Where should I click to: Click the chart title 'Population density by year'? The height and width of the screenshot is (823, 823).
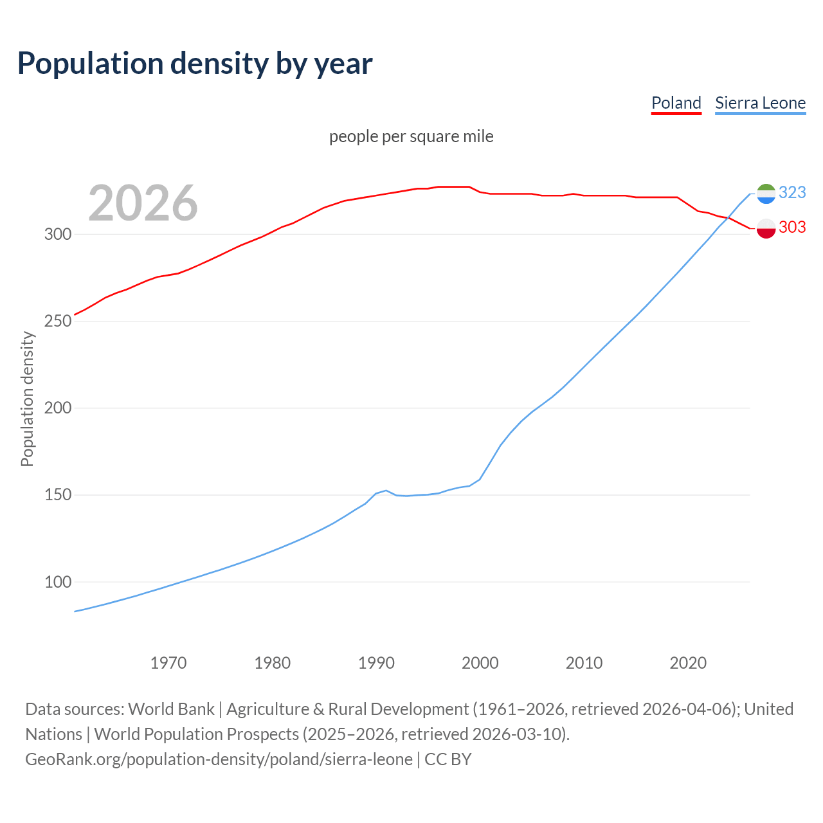coord(195,64)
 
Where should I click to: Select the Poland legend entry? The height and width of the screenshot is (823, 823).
coord(676,103)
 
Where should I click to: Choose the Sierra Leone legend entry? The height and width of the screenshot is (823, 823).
coord(760,103)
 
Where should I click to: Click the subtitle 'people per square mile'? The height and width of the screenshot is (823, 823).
coord(411,136)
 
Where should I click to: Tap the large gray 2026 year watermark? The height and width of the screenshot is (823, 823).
coord(143,203)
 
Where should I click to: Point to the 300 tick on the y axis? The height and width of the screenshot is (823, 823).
coord(58,234)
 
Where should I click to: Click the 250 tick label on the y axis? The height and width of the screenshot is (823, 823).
coord(58,321)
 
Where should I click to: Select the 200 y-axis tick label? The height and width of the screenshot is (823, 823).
coord(58,408)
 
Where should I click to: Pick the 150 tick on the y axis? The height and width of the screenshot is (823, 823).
coord(58,495)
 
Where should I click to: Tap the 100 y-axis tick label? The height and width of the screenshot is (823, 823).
coord(58,582)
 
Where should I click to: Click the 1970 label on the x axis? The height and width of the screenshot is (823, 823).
coord(168,663)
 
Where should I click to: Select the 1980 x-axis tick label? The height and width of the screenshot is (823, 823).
coord(273,663)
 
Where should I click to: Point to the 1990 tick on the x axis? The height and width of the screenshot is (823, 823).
coord(376,663)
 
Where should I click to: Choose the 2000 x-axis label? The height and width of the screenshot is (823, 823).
coord(480,663)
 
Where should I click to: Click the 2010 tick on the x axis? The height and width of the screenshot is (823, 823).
coord(584,663)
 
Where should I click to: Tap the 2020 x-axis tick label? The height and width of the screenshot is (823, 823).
coord(688,663)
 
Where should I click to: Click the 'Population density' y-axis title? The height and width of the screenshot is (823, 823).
coord(27,399)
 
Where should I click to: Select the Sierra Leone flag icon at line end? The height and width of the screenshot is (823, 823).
coord(766,193)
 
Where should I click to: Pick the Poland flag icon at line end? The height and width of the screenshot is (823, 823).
coord(766,228)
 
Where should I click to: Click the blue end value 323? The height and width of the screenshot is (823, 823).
coord(792,192)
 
